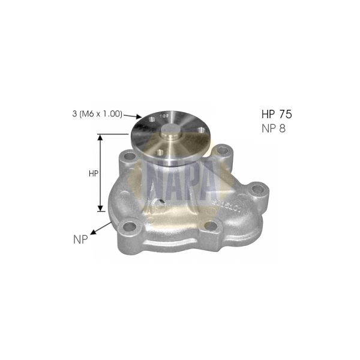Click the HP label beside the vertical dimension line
pyautogui.click(x=93, y=174)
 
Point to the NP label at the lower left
pyautogui.click(x=78, y=238)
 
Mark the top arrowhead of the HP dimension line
pyautogui.click(x=100, y=137)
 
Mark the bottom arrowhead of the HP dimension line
pyautogui.click(x=100, y=209)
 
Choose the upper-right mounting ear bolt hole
pyautogui.click(x=223, y=151)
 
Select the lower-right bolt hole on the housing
pyautogui.click(x=211, y=226)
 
